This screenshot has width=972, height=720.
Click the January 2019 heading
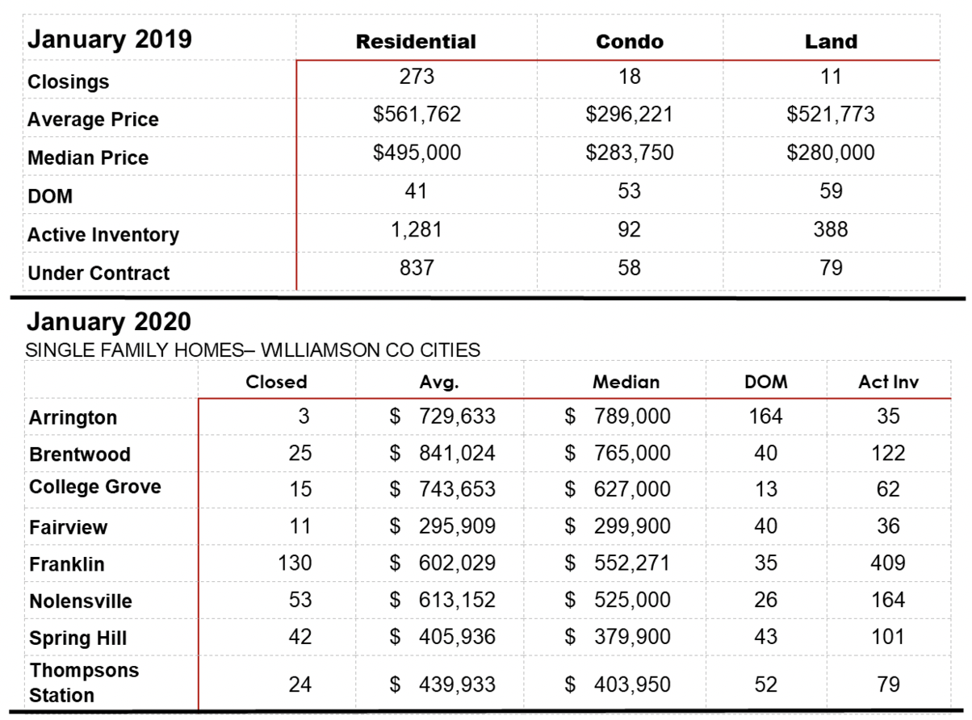coord(110,40)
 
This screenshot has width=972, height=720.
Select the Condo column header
coord(630,42)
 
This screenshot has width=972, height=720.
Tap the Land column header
coord(831,42)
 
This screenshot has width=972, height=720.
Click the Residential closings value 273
coord(417,76)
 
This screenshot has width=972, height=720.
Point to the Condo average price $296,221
coord(630,115)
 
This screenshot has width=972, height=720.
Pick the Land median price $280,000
coord(831,153)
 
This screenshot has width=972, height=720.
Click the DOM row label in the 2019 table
coord(50,196)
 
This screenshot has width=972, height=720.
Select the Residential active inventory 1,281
coord(417,229)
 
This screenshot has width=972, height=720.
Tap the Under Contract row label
coord(98,273)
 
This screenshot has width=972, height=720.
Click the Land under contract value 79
coord(831,268)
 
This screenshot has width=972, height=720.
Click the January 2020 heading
coord(109,321)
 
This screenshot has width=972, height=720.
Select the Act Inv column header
coord(888,382)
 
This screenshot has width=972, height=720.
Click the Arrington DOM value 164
coord(765,416)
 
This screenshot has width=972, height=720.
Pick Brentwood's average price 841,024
coord(457,453)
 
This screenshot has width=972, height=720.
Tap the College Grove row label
coord(95,487)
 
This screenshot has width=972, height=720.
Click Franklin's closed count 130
coord(295,563)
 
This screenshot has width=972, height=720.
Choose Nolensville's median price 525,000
coord(632,600)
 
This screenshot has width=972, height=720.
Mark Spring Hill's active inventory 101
coord(888,636)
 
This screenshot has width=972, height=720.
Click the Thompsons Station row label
coord(84,683)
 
